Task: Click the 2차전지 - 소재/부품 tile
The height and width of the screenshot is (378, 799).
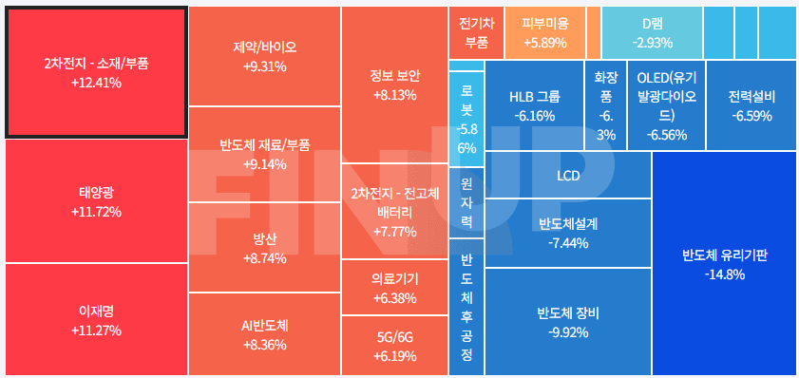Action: coord(96,73)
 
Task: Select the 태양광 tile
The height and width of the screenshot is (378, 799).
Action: coord(96,201)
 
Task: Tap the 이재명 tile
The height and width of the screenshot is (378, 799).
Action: coord(96,320)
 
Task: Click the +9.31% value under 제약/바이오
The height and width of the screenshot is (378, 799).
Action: coord(264,66)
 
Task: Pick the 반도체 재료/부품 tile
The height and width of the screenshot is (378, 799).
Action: coord(264,154)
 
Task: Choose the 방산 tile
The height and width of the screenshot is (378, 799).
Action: coord(264,248)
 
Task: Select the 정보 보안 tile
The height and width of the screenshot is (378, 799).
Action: coord(394,85)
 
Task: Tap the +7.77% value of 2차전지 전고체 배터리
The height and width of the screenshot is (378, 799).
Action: coord(394,232)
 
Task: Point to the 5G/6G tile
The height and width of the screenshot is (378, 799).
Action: coord(394,346)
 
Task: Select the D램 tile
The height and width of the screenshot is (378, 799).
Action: coord(652,32)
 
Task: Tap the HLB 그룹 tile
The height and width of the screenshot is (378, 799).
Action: coord(534,105)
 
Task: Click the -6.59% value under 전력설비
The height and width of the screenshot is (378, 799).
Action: coord(751,116)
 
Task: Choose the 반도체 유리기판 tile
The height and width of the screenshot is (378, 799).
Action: coord(724,264)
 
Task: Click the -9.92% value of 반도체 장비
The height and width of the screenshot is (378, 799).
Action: coord(568,332)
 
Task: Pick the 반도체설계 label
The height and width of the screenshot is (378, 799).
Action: coord(568,224)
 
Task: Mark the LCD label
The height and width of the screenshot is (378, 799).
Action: coord(568,176)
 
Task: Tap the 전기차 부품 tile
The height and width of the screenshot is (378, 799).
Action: coord(476,32)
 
